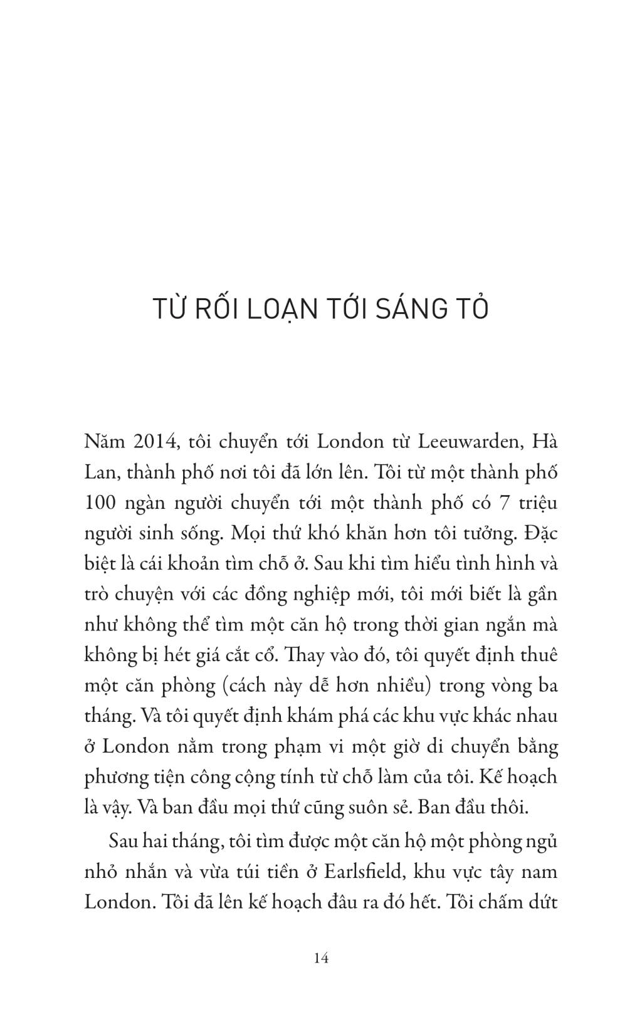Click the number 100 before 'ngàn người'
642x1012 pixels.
click(98, 503)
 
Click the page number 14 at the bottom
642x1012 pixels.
click(320, 957)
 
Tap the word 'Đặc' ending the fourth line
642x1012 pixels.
click(540, 533)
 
